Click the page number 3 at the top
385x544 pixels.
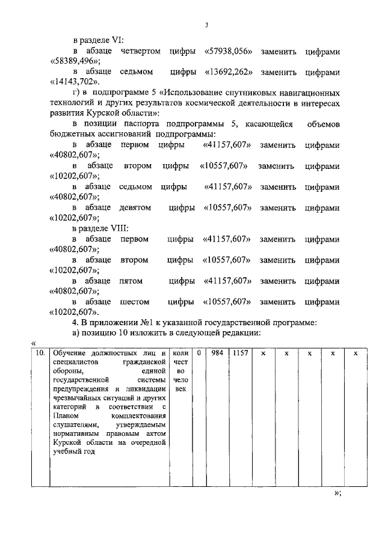click(x=206, y=25)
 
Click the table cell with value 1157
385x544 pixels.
click(x=241, y=353)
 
